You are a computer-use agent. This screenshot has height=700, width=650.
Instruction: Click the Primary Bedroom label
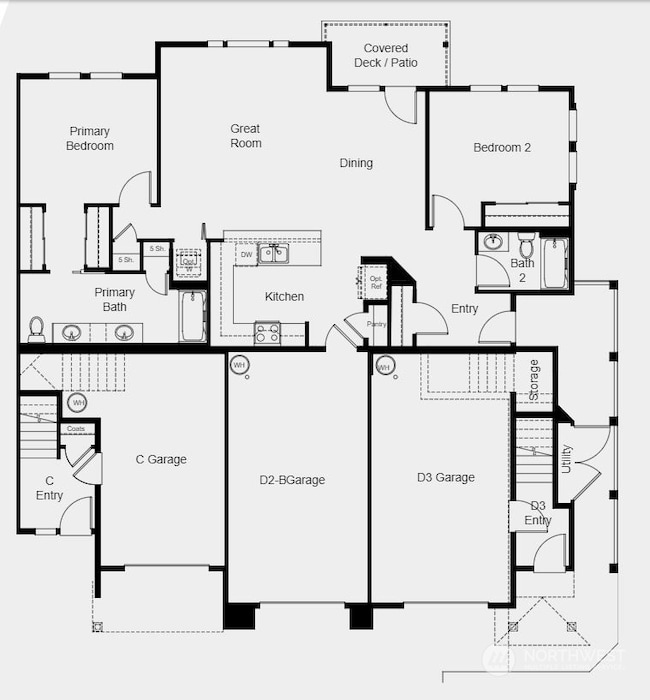pos(90,138)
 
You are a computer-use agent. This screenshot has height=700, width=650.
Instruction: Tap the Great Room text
pos(245,136)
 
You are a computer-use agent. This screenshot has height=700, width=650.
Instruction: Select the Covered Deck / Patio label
pos(385,55)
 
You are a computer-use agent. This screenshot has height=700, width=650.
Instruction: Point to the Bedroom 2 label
pos(502,147)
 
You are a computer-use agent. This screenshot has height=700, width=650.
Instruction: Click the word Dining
pos(356,163)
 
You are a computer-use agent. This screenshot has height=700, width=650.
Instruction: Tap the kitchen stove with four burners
pos(267,332)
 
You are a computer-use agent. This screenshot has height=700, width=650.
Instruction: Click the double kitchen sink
pos(273,253)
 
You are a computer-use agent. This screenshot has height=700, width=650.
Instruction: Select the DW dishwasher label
pos(246,255)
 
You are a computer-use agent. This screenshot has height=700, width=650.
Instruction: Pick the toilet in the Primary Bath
pos(37,329)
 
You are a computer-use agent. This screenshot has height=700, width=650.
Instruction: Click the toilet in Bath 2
pos(526,244)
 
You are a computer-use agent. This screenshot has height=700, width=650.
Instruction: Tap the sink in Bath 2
pos(493,242)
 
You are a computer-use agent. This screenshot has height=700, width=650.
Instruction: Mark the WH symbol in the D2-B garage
pos(239,365)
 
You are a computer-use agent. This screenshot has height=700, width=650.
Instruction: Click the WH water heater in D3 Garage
pos(383,367)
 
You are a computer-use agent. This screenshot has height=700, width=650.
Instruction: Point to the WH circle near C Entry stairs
pos(77,402)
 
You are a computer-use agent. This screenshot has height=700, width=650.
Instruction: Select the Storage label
pos(534,379)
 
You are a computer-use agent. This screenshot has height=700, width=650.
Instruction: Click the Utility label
pos(566,459)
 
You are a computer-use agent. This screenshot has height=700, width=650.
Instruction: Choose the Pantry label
pos(377,324)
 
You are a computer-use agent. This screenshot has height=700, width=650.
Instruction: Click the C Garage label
pos(161,460)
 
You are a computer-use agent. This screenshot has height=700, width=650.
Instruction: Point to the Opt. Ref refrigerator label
pos(376,282)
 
